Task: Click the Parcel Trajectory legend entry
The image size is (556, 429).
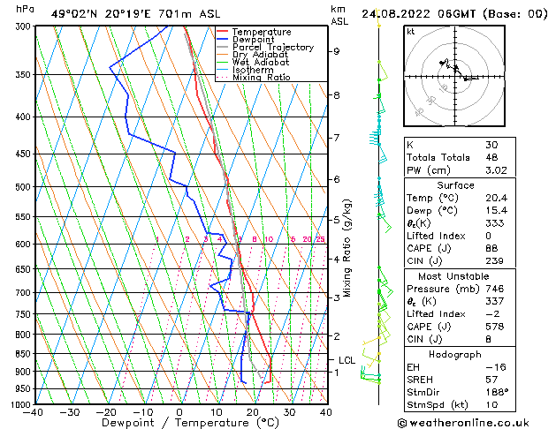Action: (x=272, y=47)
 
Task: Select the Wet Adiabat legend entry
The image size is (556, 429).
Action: (x=263, y=62)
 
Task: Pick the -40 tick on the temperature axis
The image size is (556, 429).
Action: (x=34, y=412)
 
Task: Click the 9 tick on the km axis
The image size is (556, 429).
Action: (x=336, y=51)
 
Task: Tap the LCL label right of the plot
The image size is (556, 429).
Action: (x=347, y=360)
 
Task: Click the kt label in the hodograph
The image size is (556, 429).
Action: (x=411, y=32)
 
